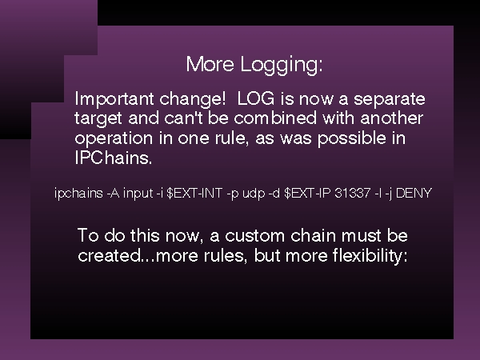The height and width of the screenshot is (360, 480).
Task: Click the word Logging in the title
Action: [281, 65]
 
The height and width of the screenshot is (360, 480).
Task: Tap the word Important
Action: [114, 99]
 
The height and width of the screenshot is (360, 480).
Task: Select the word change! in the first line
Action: [193, 98]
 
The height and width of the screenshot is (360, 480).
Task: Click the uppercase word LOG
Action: [256, 98]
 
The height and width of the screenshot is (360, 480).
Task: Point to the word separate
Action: [390, 99]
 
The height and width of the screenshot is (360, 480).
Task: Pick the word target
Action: [98, 118]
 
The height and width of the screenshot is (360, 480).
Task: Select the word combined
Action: [275, 118]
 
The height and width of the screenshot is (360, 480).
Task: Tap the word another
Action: [391, 118]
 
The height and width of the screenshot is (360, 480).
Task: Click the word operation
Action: [114, 138]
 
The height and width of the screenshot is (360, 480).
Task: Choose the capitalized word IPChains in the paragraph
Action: [114, 158]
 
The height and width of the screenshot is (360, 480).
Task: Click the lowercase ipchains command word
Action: [78, 194]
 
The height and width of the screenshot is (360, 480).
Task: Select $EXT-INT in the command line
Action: [194, 193]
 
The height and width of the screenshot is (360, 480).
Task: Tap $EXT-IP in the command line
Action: [307, 193]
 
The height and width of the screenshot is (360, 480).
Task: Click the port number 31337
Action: [352, 193]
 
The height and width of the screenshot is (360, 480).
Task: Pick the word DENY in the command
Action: [414, 193]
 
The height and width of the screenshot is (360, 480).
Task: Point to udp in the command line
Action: [254, 194]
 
